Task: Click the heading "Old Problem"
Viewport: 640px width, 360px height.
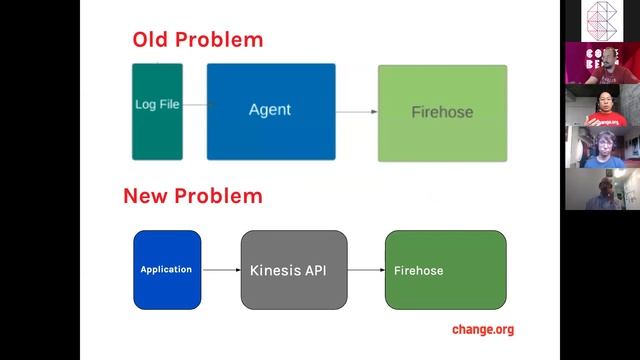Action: (197, 40)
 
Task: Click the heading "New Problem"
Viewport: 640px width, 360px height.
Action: (192, 195)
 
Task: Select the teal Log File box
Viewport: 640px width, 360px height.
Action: (157, 111)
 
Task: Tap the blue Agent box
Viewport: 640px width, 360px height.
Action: (271, 111)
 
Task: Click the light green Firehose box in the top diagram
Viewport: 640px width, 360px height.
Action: (442, 112)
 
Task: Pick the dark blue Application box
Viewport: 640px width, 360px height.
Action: (167, 269)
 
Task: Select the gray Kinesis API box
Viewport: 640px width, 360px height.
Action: (294, 269)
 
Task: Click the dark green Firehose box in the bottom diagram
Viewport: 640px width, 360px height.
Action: (445, 269)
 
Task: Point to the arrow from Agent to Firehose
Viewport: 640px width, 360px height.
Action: (356, 111)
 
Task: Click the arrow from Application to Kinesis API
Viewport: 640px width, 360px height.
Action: (221, 269)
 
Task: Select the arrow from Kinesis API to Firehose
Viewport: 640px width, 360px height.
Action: (366, 269)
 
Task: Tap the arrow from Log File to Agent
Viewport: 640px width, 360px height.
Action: (195, 104)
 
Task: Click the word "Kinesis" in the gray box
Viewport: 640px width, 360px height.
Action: (273, 270)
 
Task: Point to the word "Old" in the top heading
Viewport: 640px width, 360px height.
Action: (154, 40)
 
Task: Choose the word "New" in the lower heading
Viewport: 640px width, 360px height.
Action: (146, 195)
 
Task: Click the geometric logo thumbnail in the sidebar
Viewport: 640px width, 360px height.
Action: (602, 20)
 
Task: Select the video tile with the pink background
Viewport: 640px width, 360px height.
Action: (602, 62)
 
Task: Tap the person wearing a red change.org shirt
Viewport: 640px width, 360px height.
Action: (602, 105)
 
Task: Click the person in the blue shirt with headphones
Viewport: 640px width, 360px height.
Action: (602, 147)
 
